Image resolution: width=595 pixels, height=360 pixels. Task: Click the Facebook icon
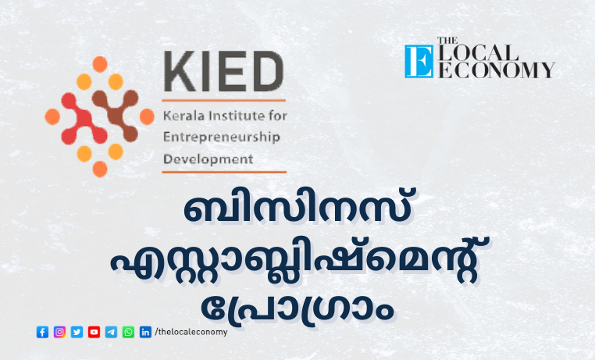coord(42,332)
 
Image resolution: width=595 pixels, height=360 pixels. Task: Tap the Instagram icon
coord(59,332)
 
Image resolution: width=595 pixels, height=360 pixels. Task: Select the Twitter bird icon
coord(77,332)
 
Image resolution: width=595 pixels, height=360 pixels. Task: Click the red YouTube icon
coord(94,332)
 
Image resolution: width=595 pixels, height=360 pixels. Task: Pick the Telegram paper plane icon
coord(111,332)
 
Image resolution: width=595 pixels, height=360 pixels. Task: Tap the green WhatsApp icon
coord(128,332)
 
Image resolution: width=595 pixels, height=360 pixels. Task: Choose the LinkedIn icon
coord(145,332)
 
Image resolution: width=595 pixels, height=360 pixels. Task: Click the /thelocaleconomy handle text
coord(191,332)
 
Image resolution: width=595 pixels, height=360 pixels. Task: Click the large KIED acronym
coord(223,71)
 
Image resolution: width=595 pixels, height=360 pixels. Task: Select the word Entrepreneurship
coord(222,137)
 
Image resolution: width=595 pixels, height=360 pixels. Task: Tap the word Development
coord(208,159)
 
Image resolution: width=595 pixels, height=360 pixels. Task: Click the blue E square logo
coord(419,62)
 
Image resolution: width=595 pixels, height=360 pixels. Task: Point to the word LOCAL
coord(478,53)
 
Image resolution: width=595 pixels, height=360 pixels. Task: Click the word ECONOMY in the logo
coord(497,70)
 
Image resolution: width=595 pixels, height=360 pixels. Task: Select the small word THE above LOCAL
coord(447,41)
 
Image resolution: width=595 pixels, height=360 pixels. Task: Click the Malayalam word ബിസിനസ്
coord(297,208)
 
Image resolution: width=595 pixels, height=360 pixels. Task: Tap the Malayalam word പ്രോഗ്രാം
coord(297,309)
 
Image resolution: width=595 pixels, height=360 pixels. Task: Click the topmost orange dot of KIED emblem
coord(100,64)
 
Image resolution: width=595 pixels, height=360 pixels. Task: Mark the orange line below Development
coord(224,173)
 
